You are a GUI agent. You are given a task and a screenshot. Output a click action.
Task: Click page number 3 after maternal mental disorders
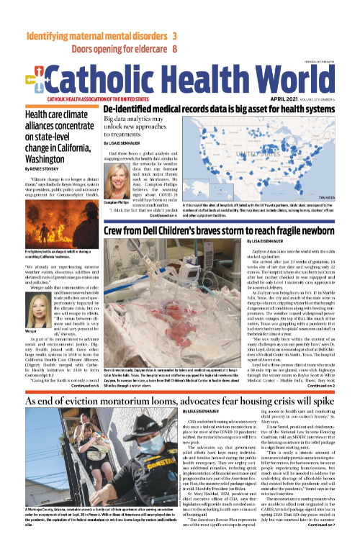(175, 35)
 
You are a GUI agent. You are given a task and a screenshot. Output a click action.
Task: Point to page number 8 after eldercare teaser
(175, 49)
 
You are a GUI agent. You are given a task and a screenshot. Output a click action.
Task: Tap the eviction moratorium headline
(179, 399)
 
